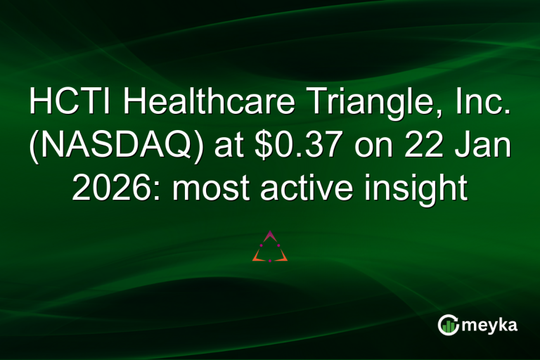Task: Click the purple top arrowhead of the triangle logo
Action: (270, 234)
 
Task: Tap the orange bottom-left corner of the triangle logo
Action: (257, 259)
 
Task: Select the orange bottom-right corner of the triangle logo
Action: (283, 259)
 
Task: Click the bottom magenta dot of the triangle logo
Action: (270, 261)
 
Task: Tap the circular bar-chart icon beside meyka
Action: (449, 325)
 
